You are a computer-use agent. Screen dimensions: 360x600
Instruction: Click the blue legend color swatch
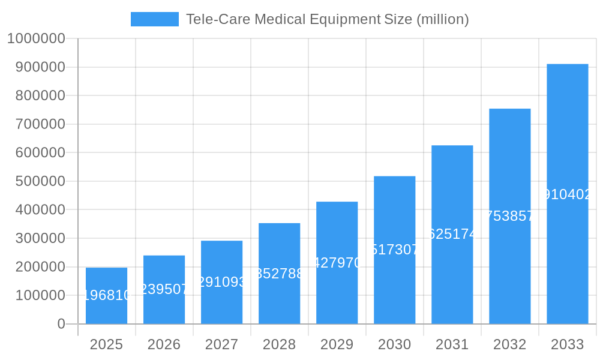(154, 19)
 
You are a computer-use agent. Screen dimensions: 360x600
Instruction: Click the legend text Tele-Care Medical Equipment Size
(327, 19)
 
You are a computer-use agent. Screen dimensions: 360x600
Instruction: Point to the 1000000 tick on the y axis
(36, 38)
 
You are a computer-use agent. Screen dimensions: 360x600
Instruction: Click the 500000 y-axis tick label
(36, 181)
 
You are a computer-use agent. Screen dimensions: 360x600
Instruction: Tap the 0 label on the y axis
(61, 324)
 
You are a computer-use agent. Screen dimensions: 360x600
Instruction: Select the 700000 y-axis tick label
(36, 124)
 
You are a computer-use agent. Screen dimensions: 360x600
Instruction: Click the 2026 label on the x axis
(164, 344)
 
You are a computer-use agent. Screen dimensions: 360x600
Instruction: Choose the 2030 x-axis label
(394, 344)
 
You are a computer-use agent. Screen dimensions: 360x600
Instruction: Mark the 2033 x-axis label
(567, 344)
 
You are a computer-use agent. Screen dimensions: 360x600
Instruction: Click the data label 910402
(567, 194)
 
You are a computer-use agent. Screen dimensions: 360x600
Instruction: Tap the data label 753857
(509, 217)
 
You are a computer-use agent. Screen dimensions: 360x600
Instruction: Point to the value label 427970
(337, 263)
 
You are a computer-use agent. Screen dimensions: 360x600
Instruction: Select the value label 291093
(221, 282)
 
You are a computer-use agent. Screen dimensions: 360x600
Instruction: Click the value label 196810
(106, 295)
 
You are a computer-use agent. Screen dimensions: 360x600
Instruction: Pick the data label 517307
(394, 250)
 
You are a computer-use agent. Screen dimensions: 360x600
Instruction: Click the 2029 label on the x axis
(337, 344)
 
